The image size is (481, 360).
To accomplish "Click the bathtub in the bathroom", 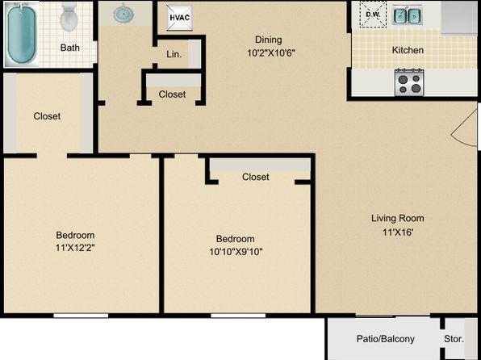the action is click(x=22, y=35).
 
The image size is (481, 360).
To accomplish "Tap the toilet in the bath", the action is click(x=70, y=17).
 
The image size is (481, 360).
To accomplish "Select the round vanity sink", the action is click(x=123, y=14).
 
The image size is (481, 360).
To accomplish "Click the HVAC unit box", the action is click(x=180, y=18).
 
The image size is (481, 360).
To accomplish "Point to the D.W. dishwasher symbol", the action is click(x=373, y=15).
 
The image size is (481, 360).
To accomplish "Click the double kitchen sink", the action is click(x=407, y=15).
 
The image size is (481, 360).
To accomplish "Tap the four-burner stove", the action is click(x=409, y=82).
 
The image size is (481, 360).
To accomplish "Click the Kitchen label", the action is click(x=408, y=50).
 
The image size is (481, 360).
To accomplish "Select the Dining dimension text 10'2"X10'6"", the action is click(x=271, y=53).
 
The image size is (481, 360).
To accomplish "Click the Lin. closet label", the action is click(x=174, y=54).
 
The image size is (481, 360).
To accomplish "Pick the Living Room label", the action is click(x=398, y=218).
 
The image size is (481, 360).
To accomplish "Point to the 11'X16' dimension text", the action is click(x=398, y=232).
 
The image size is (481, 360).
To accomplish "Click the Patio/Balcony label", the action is click(x=385, y=339).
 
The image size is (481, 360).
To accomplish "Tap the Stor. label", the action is click(x=454, y=339).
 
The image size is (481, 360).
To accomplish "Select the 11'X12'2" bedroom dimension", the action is click(x=75, y=247).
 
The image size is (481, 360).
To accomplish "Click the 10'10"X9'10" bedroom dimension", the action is click(x=236, y=252).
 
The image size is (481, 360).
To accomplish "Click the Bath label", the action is click(x=70, y=48).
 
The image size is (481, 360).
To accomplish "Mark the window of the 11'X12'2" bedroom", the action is click(x=81, y=316).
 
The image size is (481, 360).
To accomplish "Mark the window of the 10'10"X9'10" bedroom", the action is click(x=238, y=316).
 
